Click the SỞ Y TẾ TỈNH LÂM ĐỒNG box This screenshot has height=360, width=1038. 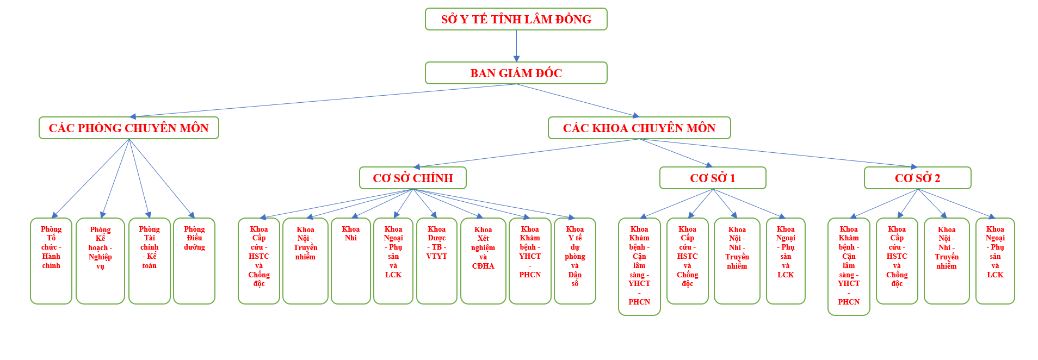516,19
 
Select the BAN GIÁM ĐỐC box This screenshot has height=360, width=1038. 516,73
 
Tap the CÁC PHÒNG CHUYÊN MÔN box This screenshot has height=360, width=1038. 128,128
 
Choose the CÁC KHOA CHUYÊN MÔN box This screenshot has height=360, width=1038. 639,128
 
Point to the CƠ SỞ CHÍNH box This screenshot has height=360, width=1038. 412,178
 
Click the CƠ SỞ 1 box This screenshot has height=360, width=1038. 712,178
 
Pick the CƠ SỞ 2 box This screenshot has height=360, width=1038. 917,178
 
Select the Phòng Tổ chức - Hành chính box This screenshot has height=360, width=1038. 51,261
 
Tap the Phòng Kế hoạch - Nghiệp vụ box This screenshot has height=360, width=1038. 100,261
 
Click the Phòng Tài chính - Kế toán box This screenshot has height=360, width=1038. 149,261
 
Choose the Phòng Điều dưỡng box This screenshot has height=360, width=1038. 194,261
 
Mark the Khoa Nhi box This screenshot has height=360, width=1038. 350,261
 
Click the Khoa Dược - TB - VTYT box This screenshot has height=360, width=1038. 436,261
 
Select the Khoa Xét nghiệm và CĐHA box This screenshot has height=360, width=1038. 483,261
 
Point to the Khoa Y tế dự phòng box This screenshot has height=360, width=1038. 574,261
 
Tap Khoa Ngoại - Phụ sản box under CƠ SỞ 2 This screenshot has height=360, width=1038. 994,261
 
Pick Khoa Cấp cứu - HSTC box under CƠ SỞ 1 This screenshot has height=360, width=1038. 687,261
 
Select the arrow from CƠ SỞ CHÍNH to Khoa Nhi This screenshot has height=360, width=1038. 384,203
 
